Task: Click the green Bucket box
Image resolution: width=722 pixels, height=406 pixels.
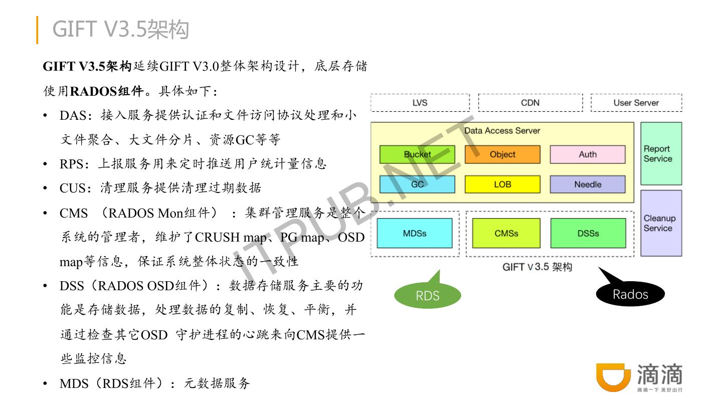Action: pyautogui.click(x=417, y=154)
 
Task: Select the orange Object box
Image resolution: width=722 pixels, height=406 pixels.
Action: pyautogui.click(x=502, y=154)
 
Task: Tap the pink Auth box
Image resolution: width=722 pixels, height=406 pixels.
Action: pyautogui.click(x=588, y=154)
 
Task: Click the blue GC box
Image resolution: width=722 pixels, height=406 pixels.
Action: pyautogui.click(x=417, y=184)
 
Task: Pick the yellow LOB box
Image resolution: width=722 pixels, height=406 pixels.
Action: pyautogui.click(x=502, y=184)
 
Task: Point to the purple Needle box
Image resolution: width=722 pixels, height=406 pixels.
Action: pyautogui.click(x=588, y=184)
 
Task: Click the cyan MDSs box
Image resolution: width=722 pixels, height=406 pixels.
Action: pyautogui.click(x=415, y=233)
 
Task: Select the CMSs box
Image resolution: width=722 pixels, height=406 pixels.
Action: pyautogui.click(x=506, y=233)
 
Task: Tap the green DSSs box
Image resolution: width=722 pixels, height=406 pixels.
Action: pyautogui.click(x=588, y=233)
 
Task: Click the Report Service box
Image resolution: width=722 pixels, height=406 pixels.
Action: pyautogui.click(x=661, y=154)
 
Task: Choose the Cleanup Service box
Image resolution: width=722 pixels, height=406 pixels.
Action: pyautogui.click(x=661, y=223)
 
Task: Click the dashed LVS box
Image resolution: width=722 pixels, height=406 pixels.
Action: pyautogui.click(x=420, y=103)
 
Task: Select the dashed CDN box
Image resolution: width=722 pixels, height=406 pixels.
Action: pyautogui.click(x=530, y=103)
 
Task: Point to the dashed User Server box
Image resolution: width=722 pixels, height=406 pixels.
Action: pyautogui.click(x=636, y=103)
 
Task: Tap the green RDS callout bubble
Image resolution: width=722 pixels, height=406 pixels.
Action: pyautogui.click(x=428, y=296)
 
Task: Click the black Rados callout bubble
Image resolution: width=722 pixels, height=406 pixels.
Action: pyautogui.click(x=630, y=294)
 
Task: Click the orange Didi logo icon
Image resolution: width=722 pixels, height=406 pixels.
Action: pyautogui.click(x=613, y=377)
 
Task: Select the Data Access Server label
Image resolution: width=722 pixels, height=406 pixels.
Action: pyautogui.click(x=502, y=131)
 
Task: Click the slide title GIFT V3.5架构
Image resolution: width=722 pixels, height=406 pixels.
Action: pyautogui.click(x=120, y=30)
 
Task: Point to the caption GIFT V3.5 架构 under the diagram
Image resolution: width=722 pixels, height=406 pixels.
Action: pyautogui.click(x=537, y=267)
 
